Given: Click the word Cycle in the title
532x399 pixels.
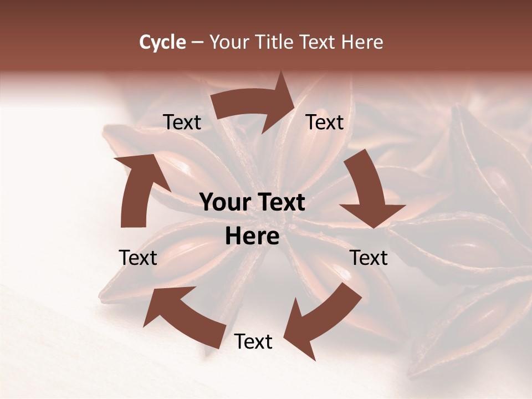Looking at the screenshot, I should (x=162, y=42).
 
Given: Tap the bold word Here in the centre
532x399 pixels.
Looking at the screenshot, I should (x=252, y=237).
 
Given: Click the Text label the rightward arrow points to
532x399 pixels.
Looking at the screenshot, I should (x=325, y=122).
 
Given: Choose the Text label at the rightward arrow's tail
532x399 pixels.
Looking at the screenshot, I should (x=182, y=122).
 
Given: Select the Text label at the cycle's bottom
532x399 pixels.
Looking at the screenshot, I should (x=253, y=342).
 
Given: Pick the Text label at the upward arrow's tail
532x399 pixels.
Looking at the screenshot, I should (x=138, y=258).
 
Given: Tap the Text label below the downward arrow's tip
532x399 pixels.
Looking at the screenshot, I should (x=369, y=258).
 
